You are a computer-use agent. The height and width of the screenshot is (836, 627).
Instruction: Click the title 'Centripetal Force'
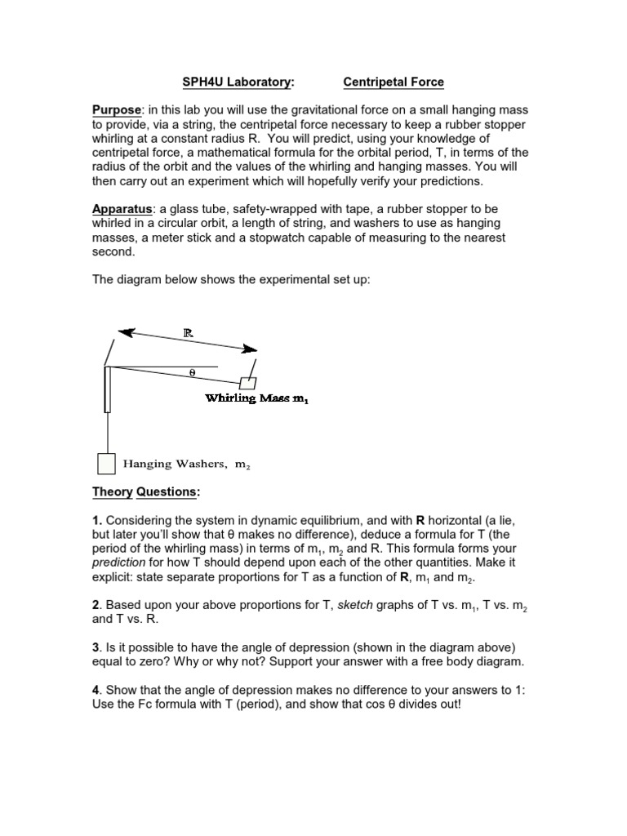(x=394, y=82)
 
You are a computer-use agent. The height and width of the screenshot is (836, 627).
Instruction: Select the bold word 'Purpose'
(x=117, y=110)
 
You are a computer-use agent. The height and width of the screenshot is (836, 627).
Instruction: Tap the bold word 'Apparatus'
(x=122, y=210)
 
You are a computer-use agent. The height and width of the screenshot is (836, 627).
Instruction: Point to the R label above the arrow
(x=188, y=333)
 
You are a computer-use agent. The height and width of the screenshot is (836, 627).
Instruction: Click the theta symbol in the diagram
(x=193, y=372)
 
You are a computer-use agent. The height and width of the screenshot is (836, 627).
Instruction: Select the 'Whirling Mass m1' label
(x=256, y=398)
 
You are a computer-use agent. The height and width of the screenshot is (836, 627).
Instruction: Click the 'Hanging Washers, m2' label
(x=186, y=464)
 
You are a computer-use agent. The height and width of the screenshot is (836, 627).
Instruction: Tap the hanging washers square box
(x=106, y=463)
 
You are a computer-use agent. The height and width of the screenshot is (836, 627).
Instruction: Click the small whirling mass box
(x=247, y=383)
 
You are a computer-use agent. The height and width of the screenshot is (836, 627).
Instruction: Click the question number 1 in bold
(x=96, y=520)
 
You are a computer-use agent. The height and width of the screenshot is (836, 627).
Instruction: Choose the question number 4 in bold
(x=96, y=690)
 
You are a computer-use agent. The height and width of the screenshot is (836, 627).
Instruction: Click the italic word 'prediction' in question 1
(x=118, y=563)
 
